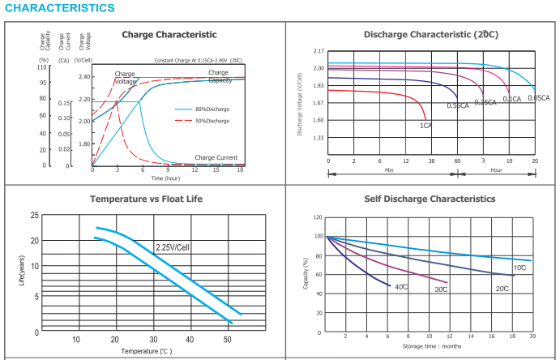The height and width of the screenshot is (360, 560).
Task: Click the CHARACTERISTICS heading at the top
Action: pos(59,8)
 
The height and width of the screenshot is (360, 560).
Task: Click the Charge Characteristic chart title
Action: pos(169,35)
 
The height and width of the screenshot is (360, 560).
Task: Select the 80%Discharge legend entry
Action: pos(212,109)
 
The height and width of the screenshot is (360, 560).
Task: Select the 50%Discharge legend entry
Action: pos(212,121)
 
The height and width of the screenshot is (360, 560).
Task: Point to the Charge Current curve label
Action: pos(216,157)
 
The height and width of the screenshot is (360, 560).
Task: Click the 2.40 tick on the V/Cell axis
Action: pos(83,76)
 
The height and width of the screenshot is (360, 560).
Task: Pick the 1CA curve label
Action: pos(425,126)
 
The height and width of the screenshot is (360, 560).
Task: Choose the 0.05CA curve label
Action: pos(538,97)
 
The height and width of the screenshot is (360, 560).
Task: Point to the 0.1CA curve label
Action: pos(511,99)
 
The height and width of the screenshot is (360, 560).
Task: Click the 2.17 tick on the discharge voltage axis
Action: pos(318,51)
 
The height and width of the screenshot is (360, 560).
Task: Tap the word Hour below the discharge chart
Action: pos(496,171)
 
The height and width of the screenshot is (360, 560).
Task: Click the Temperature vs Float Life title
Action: pos(146,199)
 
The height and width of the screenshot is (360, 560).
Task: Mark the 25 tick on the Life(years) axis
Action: pos(34,215)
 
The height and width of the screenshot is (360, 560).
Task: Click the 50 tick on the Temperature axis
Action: pos(228,340)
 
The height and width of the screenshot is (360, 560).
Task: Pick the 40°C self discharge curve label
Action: pos(401,286)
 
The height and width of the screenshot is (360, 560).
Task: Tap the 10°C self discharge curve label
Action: pos(519,268)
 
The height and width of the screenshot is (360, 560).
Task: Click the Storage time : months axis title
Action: pos(432,346)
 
